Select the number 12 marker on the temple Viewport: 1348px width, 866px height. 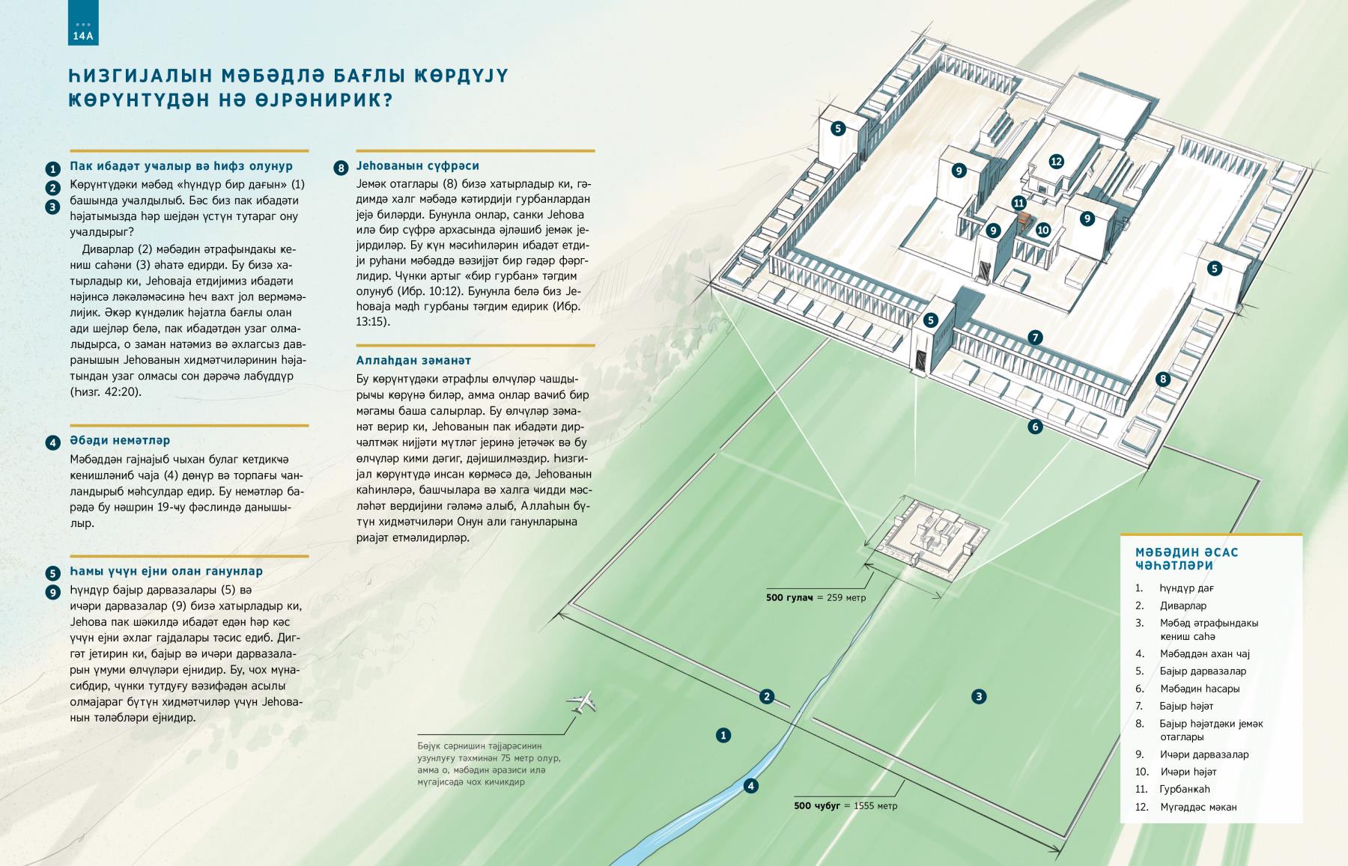tap(1057, 161)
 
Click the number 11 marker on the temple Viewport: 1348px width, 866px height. tap(1018, 202)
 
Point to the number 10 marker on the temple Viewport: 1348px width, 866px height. tap(1043, 230)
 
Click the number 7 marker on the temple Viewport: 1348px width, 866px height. tap(1035, 338)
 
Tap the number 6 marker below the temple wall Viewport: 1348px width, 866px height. tap(1035, 427)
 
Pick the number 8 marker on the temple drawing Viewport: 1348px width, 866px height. tap(1163, 379)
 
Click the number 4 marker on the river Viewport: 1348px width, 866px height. tap(751, 785)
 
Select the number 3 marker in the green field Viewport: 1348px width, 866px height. tap(978, 697)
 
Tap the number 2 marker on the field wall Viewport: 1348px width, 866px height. tap(766, 697)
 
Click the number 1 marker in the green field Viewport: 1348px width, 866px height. tap(723, 735)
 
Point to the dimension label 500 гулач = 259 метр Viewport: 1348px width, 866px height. tap(816, 597)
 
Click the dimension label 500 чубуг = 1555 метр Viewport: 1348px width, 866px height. tap(845, 805)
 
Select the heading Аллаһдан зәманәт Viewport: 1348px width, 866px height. tap(413, 360)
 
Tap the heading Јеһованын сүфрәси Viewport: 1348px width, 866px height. tap(418, 165)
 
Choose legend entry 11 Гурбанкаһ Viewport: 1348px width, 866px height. tap(1173, 789)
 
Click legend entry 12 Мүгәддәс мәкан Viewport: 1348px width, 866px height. tap(1185, 807)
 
